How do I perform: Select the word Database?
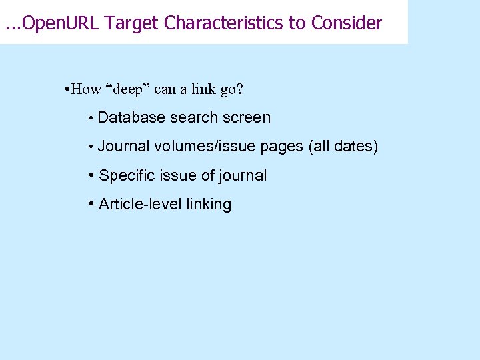[131, 118]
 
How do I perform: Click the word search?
[191, 118]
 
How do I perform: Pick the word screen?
[247, 118]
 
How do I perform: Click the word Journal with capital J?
[123, 147]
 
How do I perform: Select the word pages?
[282, 147]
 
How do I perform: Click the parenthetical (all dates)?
[343, 147]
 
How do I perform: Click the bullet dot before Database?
[89, 119]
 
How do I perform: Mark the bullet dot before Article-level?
[91, 204]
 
